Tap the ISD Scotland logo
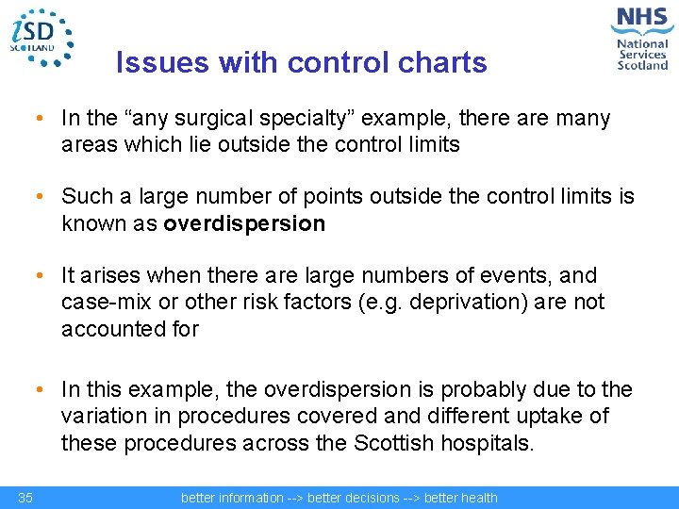pos(41,37)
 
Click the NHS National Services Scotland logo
pos(640,38)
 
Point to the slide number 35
pos(25,498)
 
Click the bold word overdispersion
pos(244,224)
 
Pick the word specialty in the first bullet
pos(308,119)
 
